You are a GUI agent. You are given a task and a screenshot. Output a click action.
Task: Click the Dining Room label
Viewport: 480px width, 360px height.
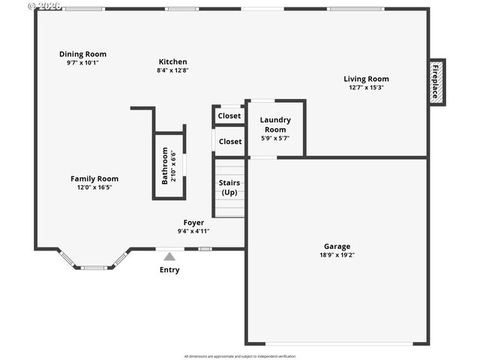click(x=82, y=54)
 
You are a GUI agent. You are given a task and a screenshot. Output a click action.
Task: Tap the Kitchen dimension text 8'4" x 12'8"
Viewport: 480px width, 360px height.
click(x=172, y=70)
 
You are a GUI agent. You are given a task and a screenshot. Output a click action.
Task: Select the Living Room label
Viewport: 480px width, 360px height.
click(x=366, y=79)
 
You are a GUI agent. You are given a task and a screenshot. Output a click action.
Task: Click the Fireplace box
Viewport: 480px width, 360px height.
click(x=436, y=82)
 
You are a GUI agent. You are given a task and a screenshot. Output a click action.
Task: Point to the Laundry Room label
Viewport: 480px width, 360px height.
click(x=275, y=124)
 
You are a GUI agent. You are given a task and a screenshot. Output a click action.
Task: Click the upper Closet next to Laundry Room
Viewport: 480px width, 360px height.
click(x=229, y=115)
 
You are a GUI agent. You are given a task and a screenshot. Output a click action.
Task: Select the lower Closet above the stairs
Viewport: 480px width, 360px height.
click(x=229, y=141)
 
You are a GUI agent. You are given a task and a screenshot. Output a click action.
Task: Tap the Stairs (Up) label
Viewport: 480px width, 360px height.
click(x=229, y=187)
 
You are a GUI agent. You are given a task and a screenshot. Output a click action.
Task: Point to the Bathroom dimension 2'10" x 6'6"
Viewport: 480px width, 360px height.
click(x=174, y=166)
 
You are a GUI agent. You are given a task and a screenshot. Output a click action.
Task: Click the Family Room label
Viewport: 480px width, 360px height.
click(x=94, y=178)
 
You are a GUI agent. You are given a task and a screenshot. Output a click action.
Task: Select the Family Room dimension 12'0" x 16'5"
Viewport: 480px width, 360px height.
click(x=94, y=187)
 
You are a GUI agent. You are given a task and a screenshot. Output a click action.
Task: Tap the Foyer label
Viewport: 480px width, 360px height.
click(x=193, y=223)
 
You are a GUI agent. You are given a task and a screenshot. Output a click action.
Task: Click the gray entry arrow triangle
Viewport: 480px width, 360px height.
click(x=169, y=256)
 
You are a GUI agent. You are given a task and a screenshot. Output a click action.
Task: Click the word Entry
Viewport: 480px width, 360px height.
click(x=169, y=270)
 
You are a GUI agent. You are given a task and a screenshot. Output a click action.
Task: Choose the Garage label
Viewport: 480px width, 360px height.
click(x=337, y=246)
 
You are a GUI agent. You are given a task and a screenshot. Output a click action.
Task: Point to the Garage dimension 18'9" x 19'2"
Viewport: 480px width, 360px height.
click(x=337, y=255)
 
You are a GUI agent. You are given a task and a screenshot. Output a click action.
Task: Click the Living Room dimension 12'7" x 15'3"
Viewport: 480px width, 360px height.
click(x=366, y=88)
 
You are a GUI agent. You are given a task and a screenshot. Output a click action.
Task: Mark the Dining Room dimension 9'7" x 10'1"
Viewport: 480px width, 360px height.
click(x=82, y=63)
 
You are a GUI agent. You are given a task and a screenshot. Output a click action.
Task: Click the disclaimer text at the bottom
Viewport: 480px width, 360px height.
click(x=239, y=355)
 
